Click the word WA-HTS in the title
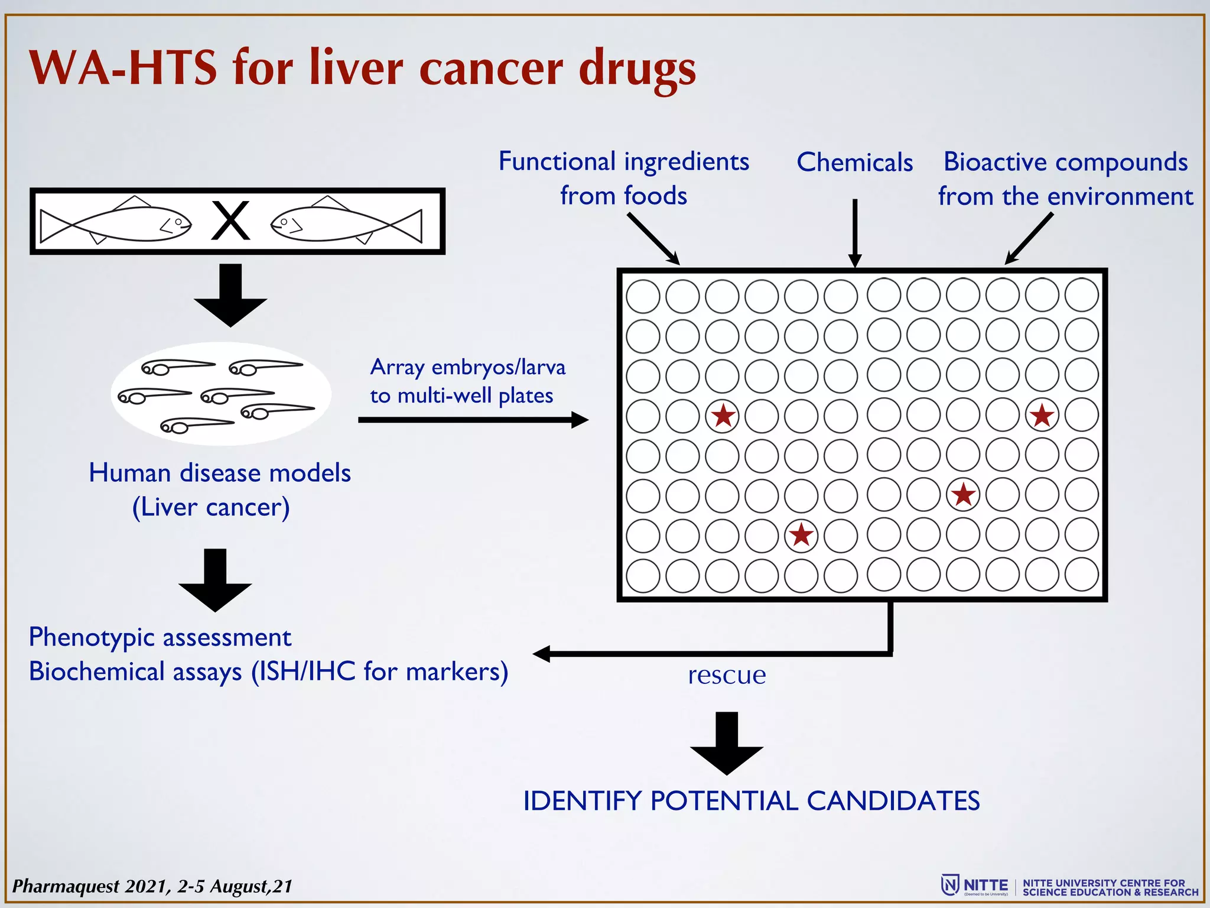coord(123,68)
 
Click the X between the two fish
coord(230,220)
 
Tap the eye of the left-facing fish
coord(284,222)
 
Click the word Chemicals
coord(854,163)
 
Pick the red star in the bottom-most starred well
coord(801,534)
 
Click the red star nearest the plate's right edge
coord(1042,415)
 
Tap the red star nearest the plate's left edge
coord(723,415)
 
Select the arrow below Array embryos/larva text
coord(473,420)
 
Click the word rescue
coord(727,674)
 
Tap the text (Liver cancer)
coord(211,507)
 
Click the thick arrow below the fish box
coord(230,296)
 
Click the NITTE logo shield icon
coord(949,885)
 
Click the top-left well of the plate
coord(643,296)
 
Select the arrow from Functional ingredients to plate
coord(653,239)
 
